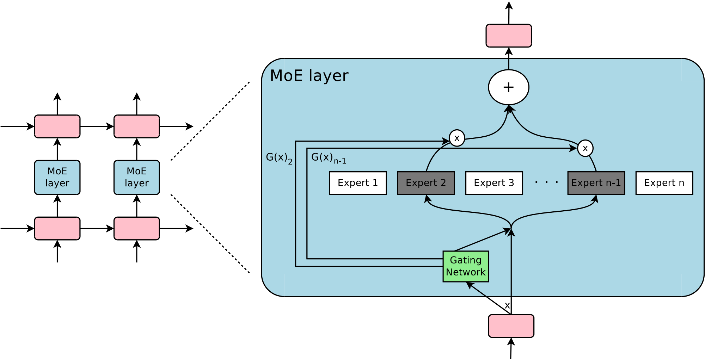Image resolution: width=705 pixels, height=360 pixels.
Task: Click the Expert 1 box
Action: pyautogui.click(x=358, y=183)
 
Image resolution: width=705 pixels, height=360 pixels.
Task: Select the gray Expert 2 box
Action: pyautogui.click(x=426, y=183)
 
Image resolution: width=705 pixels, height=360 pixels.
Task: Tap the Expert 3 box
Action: pyautogui.click(x=494, y=183)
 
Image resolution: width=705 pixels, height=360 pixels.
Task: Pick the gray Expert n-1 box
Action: pyautogui.click(x=596, y=183)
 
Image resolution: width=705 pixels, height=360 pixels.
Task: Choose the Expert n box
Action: pyautogui.click(x=664, y=183)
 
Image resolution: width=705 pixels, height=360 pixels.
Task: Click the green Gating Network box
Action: pyautogui.click(x=466, y=266)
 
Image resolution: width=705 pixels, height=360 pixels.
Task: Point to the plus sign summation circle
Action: pyautogui.click(x=508, y=87)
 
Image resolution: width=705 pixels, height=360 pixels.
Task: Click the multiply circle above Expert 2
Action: pyautogui.click(x=457, y=138)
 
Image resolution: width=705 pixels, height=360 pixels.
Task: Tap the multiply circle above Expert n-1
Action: pyautogui.click(x=585, y=148)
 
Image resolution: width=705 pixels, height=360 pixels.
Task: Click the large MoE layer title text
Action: pyautogui.click(x=309, y=76)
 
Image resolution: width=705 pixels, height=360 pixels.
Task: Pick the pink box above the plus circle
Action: pyautogui.click(x=508, y=36)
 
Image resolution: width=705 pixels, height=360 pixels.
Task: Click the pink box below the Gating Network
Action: pyautogui.click(x=511, y=326)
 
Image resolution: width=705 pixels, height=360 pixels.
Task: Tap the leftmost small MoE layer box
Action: pyautogui.click(x=57, y=177)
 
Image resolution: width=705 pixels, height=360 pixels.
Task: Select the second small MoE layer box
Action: pyautogui.click(x=136, y=177)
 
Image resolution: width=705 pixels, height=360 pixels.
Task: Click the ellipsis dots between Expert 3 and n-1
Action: pyautogui.click(x=546, y=182)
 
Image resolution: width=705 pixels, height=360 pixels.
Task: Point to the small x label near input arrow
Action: pyautogui.click(x=507, y=305)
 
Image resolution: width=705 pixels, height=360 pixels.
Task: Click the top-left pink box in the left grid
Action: pyautogui.click(x=57, y=126)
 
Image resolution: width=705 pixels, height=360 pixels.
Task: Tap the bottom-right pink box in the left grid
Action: pyautogui.click(x=136, y=228)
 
